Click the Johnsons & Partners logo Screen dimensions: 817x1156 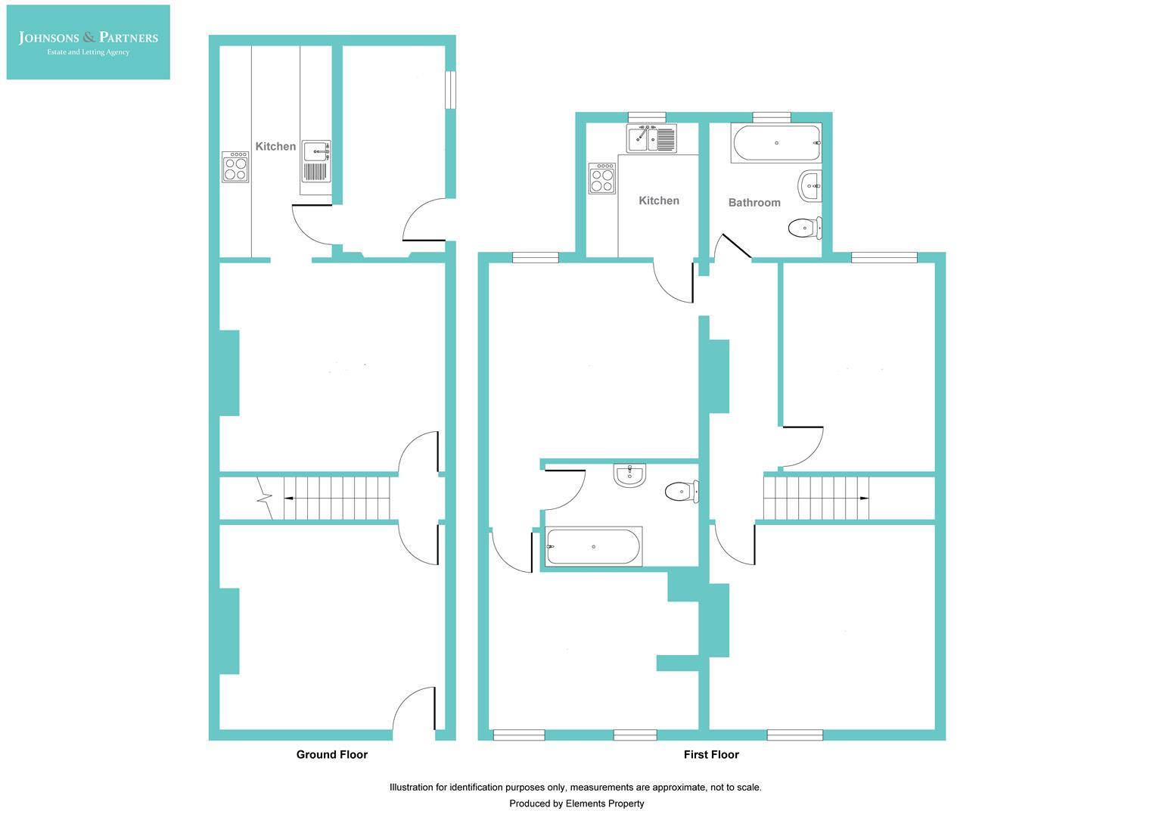[x=88, y=42]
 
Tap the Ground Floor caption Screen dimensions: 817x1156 [x=331, y=754]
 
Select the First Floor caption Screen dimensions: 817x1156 [x=711, y=754]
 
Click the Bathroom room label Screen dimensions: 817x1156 [x=754, y=203]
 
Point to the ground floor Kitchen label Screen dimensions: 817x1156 [x=275, y=147]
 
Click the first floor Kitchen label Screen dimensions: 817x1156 [x=659, y=200]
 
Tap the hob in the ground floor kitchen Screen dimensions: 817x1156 [x=235, y=167]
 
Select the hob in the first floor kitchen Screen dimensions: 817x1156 [x=602, y=179]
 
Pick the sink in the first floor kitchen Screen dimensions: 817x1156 [x=651, y=138]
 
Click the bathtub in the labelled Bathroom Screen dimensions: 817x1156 [x=775, y=143]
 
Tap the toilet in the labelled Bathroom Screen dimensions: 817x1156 [x=804, y=227]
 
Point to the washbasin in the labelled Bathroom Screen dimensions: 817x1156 [x=810, y=185]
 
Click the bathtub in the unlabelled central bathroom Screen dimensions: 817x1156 [x=593, y=546]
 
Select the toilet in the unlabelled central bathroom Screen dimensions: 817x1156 [x=681, y=492]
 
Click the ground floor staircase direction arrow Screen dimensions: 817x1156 [x=288, y=499]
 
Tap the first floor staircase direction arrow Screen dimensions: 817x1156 [x=864, y=499]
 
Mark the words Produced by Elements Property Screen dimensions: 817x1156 [x=576, y=803]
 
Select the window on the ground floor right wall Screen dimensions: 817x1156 [x=450, y=89]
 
